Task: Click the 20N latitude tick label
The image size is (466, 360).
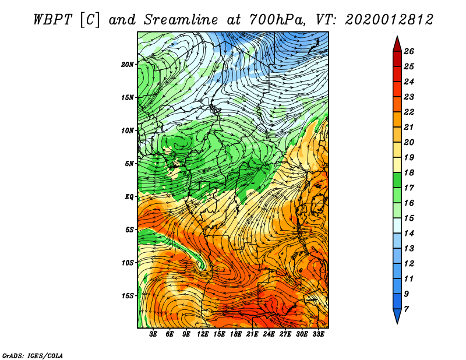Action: (128, 65)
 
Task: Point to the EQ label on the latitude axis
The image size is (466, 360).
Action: (129, 197)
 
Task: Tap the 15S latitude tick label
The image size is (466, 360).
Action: (128, 296)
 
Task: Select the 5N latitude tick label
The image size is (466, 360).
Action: (129, 164)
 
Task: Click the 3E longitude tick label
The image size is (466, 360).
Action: (153, 334)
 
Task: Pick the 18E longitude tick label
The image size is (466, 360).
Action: (236, 334)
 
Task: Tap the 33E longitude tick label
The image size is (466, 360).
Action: (318, 334)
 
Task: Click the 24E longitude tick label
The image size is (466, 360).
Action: (269, 334)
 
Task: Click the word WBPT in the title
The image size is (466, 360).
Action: (52, 20)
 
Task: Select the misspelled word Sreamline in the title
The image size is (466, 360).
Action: (181, 20)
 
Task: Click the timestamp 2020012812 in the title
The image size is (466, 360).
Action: (389, 20)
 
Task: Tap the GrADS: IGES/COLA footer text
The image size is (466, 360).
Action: (33, 355)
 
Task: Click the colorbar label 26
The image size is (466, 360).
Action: (409, 51)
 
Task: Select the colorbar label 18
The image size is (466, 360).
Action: (409, 172)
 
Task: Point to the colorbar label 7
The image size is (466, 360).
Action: (406, 309)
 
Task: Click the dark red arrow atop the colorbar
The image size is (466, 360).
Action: (397, 45)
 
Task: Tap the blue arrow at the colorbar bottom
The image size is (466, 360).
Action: (397, 315)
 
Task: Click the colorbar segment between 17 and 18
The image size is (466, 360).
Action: (397, 180)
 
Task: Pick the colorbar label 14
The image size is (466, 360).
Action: (409, 234)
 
